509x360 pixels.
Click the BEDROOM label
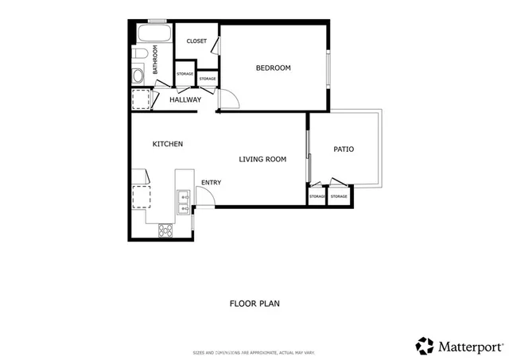(273, 68)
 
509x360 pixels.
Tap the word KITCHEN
(168, 144)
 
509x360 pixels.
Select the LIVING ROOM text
(262, 160)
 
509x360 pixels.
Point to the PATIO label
(344, 149)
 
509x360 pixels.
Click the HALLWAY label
(185, 99)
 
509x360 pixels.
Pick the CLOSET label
(196, 41)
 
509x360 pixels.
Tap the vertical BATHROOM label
(155, 60)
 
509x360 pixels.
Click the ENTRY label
(211, 183)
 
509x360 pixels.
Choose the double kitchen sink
(183, 203)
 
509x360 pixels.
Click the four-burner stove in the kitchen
(166, 230)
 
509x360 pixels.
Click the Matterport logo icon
(425, 346)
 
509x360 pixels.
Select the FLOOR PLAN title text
(254, 304)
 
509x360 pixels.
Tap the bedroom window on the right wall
(328, 68)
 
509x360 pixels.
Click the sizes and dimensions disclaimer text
(254, 352)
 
